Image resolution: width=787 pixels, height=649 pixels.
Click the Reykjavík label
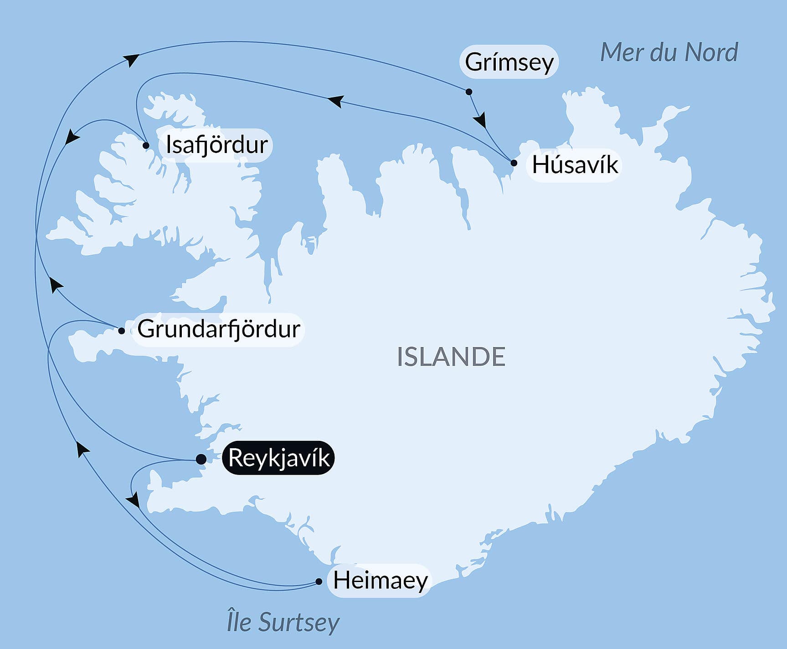[278, 458]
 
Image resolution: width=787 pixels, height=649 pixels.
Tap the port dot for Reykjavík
[201, 459]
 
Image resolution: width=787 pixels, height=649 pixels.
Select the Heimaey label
[380, 580]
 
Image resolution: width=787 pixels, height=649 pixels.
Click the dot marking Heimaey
[319, 582]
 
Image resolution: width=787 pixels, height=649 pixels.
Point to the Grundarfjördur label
[219, 329]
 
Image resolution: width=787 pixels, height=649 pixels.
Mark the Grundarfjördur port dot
[122, 331]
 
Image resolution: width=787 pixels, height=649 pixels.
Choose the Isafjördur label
[216, 145]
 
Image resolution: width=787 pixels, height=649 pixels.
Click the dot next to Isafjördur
[146, 146]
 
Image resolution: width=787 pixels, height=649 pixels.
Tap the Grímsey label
[509, 61]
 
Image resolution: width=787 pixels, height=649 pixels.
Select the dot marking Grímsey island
[469, 92]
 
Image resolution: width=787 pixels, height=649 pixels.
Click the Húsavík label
[575, 164]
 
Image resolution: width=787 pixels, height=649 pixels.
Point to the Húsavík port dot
[514, 163]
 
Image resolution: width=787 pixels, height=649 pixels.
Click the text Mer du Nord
[669, 52]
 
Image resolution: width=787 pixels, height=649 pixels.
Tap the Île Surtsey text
[283, 622]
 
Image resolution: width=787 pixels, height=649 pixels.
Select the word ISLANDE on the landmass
[451, 357]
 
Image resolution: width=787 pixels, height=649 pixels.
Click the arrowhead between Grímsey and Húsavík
[480, 120]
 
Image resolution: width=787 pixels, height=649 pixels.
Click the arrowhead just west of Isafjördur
[72, 136]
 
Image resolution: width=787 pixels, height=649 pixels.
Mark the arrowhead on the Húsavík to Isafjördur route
[335, 101]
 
